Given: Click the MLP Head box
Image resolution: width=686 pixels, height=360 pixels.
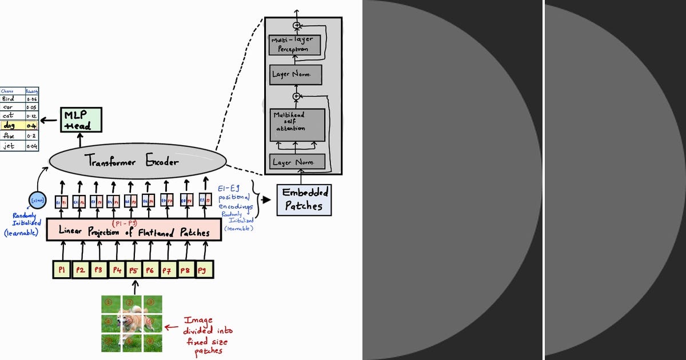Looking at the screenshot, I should tap(81, 120).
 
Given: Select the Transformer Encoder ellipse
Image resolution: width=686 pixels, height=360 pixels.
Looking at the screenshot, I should tap(133, 162).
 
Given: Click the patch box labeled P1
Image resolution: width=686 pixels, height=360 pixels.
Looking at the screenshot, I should tap(62, 270).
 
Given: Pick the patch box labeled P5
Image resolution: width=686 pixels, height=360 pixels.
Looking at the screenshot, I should tap(134, 270).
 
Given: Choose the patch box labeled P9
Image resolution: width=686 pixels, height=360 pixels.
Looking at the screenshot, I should tap(204, 269).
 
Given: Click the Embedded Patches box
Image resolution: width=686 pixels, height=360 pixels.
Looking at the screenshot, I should tap(304, 200).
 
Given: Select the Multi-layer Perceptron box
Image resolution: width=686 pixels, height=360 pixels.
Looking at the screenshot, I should tap(294, 45).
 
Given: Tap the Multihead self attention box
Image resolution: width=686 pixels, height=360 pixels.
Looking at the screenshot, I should tap(297, 124).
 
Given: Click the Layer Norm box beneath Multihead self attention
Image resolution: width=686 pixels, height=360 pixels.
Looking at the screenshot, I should tap(297, 162).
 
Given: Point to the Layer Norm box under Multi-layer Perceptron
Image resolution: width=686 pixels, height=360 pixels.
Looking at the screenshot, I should tap(296, 75).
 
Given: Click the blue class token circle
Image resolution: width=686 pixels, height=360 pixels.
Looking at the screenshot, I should tap(38, 201).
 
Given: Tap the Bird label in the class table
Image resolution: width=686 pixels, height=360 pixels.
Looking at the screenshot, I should tap(9, 98).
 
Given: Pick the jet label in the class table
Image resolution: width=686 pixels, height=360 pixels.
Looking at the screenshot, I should tap(9, 146).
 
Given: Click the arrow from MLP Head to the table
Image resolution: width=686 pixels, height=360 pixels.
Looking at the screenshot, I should tap(50, 120).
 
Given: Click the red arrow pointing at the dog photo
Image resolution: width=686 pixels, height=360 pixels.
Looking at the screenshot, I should tap(171, 327).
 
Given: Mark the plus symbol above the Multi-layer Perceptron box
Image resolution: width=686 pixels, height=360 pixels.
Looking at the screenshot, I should tap(296, 25).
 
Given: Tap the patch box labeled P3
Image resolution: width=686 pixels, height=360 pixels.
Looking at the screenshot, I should tap(98, 270).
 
